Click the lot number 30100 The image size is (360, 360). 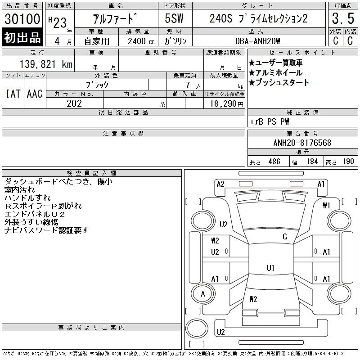(x=22, y=19)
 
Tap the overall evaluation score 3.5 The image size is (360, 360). (x=343, y=18)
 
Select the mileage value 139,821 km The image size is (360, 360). (x=46, y=64)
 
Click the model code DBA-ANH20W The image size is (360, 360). (x=257, y=41)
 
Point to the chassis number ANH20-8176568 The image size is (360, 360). (x=302, y=143)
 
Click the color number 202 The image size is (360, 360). (x=74, y=103)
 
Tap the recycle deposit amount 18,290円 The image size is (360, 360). (x=227, y=104)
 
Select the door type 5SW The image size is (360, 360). (x=174, y=18)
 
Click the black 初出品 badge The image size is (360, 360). (x=22, y=37)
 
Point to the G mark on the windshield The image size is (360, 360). (x=285, y=237)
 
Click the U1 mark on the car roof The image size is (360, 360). (x=270, y=268)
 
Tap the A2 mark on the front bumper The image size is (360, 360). (x=220, y=184)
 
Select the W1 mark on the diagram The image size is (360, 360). (x=326, y=206)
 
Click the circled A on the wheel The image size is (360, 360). (x=203, y=294)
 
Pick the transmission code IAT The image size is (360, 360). (x=13, y=94)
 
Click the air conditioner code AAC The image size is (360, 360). (x=35, y=94)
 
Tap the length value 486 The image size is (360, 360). (x=274, y=162)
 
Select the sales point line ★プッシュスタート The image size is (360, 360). (x=279, y=82)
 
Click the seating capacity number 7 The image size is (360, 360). (x=188, y=85)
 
